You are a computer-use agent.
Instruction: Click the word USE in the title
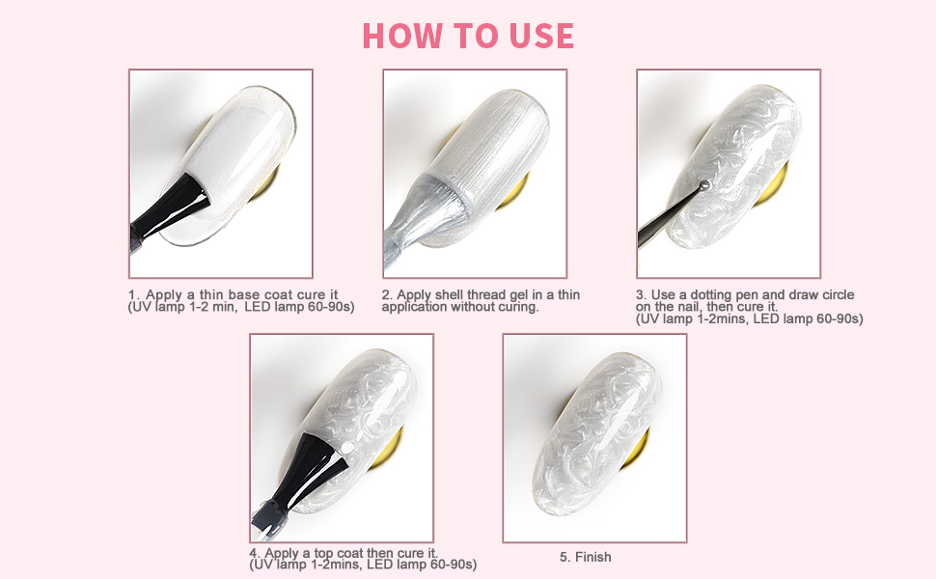(x=542, y=36)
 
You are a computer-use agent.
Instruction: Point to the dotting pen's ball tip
(x=704, y=185)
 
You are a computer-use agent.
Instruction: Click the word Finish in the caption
(x=592, y=557)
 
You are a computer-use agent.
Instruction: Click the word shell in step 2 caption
(x=451, y=295)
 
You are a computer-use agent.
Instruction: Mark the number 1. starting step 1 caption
(x=134, y=295)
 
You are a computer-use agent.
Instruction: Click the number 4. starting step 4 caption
(x=256, y=553)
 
